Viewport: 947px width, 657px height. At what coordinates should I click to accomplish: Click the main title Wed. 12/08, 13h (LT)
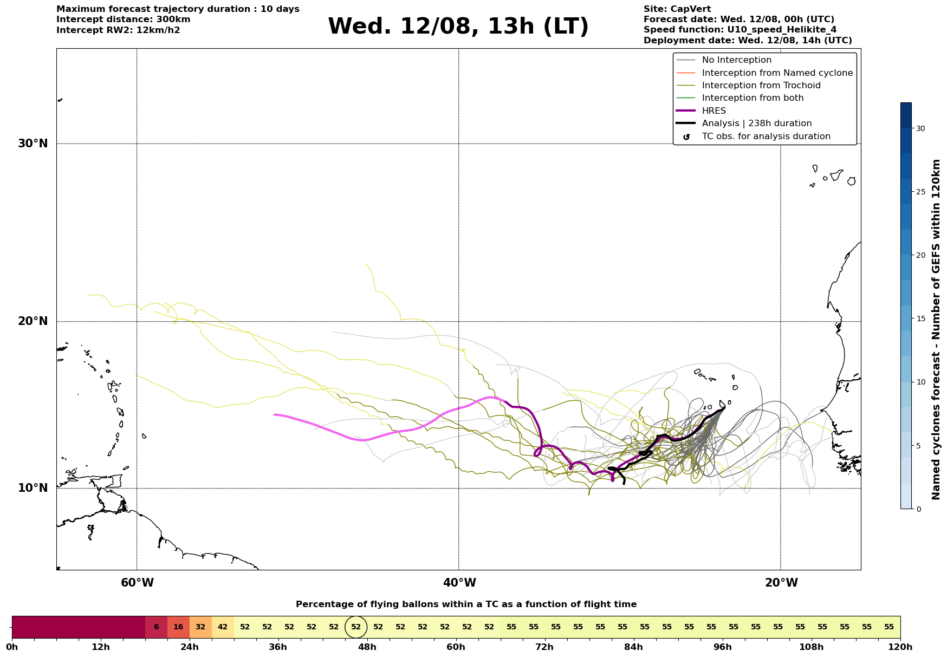tap(458, 27)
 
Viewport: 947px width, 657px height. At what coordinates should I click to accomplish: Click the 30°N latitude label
tap(33, 144)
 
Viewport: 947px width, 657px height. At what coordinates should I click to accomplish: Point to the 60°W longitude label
tap(137, 583)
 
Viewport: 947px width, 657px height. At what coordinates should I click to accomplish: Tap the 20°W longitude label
tap(781, 583)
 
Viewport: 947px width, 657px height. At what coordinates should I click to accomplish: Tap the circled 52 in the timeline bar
tap(356, 627)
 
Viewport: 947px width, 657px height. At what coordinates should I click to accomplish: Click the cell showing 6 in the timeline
tap(156, 627)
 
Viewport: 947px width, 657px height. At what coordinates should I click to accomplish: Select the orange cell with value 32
tap(200, 627)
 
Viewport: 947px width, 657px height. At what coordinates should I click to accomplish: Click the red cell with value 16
tap(178, 627)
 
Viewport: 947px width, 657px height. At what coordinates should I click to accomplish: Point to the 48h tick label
tap(367, 647)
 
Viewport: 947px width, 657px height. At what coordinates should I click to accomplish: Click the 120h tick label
tap(900, 647)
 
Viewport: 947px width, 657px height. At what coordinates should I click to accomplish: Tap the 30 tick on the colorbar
tap(920, 128)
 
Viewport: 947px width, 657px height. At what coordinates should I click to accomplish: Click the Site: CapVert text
tap(677, 9)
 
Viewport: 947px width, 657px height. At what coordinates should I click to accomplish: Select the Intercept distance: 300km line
tap(124, 19)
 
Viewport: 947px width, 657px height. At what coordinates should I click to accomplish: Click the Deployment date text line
tap(748, 41)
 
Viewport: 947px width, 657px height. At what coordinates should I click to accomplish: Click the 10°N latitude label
tap(33, 488)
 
